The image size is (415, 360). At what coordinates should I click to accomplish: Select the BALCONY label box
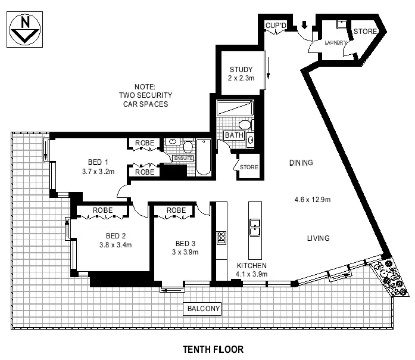point(204,309)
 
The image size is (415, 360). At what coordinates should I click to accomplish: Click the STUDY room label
point(241,69)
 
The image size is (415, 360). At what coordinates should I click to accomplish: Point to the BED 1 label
point(98,162)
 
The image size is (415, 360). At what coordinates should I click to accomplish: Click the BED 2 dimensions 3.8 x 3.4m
point(115,244)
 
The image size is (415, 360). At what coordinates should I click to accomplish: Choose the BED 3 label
point(186,243)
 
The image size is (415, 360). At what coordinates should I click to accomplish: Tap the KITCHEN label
point(251,266)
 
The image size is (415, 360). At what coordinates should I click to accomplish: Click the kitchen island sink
point(255,226)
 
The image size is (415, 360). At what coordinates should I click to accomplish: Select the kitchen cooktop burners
point(221,237)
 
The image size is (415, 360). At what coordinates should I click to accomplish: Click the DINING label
point(301,163)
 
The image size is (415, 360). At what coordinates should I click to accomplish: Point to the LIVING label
point(318,238)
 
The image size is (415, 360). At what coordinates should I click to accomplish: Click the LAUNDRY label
point(335,43)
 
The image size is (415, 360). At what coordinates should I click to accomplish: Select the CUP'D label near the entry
point(276,26)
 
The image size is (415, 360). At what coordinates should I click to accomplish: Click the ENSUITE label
point(183,158)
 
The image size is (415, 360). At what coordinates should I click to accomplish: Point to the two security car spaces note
point(145,95)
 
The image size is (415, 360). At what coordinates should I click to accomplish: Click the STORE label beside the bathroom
point(249,167)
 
